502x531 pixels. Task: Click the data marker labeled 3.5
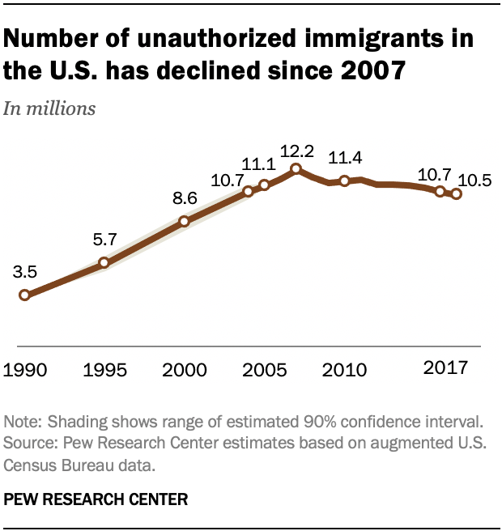[24, 295]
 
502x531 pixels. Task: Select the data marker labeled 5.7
[104, 262]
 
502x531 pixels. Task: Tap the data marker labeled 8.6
[184, 220]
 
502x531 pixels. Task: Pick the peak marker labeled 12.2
[296, 168]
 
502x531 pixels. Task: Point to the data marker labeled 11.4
[344, 181]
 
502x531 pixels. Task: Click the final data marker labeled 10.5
[457, 193]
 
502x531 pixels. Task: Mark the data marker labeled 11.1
[264, 185]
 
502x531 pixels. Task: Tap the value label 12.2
[296, 151]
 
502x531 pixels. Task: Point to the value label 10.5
[474, 181]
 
